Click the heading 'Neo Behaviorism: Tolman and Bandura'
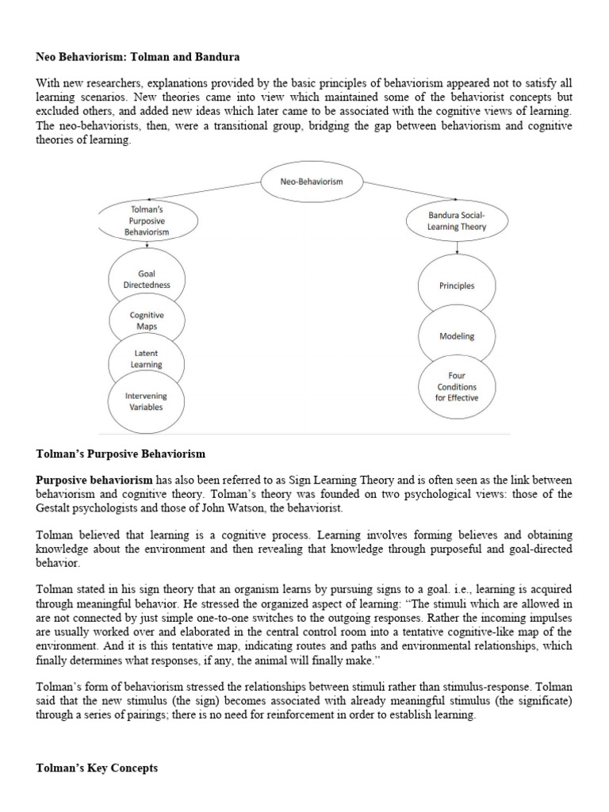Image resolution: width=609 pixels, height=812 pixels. (x=139, y=57)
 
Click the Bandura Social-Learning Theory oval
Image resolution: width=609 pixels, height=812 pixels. (x=456, y=221)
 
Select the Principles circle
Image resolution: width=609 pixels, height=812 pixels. (x=457, y=285)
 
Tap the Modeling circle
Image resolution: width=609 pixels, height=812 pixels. (x=457, y=335)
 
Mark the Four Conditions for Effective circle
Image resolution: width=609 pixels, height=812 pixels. (x=457, y=386)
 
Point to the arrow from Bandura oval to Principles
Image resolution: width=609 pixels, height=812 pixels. (x=457, y=247)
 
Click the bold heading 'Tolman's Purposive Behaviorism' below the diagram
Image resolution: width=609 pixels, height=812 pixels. (x=121, y=454)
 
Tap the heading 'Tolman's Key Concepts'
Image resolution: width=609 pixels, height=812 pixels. (x=98, y=768)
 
